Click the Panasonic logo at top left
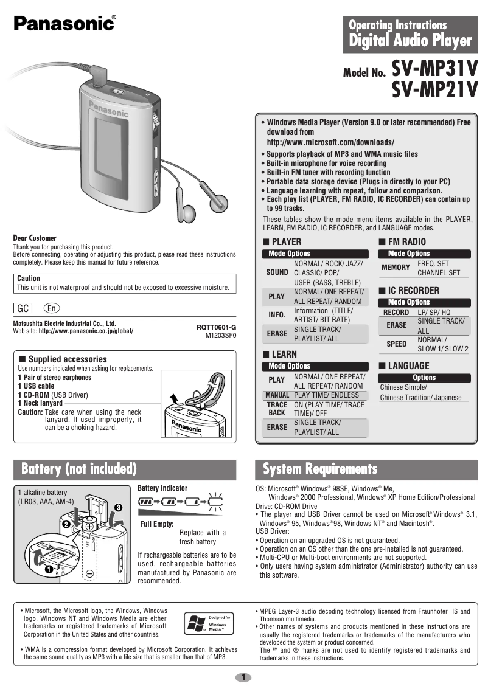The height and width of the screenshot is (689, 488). pyautogui.click(x=63, y=23)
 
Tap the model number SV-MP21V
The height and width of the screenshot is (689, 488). pyautogui.click(x=434, y=92)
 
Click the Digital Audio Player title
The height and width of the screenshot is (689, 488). pyautogui.click(x=410, y=41)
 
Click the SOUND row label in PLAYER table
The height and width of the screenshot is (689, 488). pyautogui.click(x=277, y=272)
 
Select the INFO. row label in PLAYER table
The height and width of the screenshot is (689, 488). pyautogui.click(x=277, y=315)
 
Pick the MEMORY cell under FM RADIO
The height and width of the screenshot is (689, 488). pyautogui.click(x=396, y=268)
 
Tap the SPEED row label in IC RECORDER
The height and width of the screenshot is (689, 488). pyautogui.click(x=397, y=344)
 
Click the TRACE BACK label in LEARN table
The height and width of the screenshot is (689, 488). pyautogui.click(x=277, y=408)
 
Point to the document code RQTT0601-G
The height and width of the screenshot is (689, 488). pyautogui.click(x=216, y=327)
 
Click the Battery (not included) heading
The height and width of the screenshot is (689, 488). pyautogui.click(x=78, y=469)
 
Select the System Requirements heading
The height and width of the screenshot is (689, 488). pyautogui.click(x=320, y=469)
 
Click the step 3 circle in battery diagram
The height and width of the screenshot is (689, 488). pyautogui.click(x=117, y=507)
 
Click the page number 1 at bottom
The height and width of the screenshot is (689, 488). pyautogui.click(x=243, y=677)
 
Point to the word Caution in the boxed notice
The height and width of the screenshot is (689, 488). pyautogui.click(x=29, y=278)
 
